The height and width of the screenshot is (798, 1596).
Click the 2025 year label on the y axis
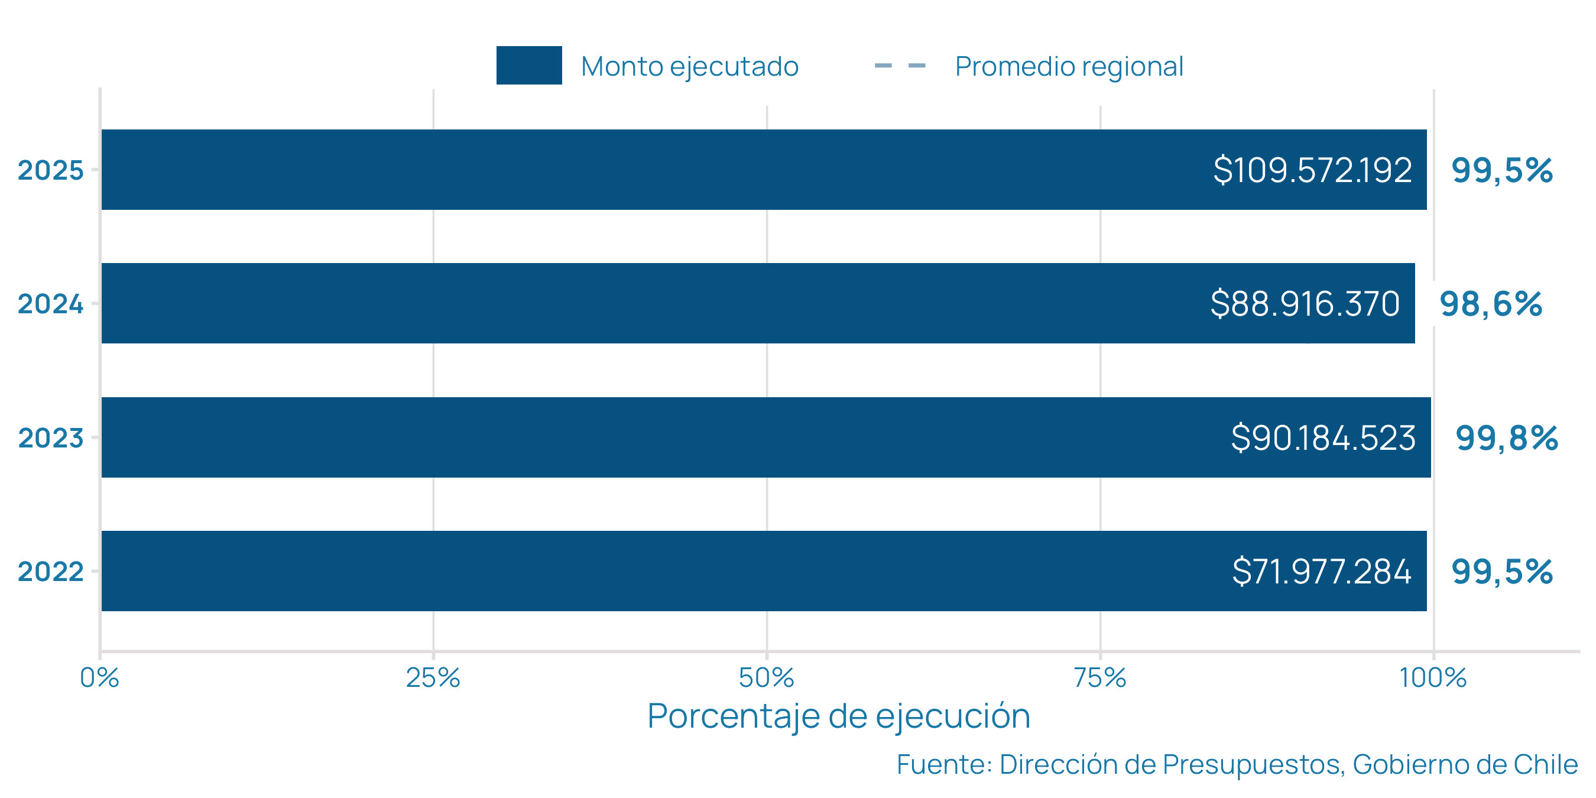50,170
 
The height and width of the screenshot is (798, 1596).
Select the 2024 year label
50,304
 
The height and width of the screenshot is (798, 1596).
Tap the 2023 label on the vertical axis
50,438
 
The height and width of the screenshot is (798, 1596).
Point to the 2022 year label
50,571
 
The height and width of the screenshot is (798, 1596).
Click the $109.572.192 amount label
1312,170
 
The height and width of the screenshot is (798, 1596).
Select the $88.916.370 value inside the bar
1305,304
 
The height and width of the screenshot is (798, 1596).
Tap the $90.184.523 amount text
1323,438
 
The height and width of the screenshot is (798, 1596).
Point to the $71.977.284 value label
1322,571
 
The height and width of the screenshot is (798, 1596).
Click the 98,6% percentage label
1490,304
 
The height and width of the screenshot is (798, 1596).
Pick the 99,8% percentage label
1506,438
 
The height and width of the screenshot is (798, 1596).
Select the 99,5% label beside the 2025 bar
1502,170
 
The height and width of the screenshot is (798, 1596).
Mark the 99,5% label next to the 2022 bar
1502,571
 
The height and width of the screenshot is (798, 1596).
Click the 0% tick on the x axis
99,678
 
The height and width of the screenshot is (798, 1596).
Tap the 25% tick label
433,678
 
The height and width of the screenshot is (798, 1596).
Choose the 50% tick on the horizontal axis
767,678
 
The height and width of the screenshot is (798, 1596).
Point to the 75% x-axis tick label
1099,678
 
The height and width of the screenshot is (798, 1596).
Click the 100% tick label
1432,678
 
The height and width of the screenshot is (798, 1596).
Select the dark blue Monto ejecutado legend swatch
528,65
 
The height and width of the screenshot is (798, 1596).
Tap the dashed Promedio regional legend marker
900,66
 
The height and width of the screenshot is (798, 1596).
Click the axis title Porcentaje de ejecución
838,716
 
